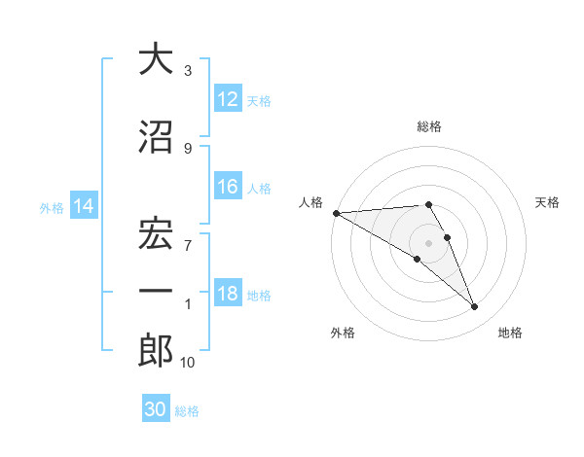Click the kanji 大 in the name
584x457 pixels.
(x=156, y=59)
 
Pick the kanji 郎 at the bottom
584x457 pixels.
(x=156, y=350)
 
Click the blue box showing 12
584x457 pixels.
(x=228, y=99)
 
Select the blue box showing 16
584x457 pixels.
(x=228, y=188)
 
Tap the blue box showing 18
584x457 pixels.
(x=228, y=295)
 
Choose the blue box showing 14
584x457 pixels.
(x=84, y=206)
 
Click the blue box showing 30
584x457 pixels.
(x=156, y=409)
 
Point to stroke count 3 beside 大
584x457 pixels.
(x=188, y=71)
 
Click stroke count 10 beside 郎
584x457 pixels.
(x=187, y=363)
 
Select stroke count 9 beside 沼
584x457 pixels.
(x=188, y=148)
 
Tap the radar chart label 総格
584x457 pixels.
(x=429, y=126)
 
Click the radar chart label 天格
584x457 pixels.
(x=548, y=202)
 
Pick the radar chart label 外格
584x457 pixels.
(x=343, y=334)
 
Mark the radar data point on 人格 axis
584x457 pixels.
(x=336, y=212)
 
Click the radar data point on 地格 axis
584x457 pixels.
(x=475, y=307)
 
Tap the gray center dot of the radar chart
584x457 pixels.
(x=429, y=242)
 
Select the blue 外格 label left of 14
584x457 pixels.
(x=52, y=207)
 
